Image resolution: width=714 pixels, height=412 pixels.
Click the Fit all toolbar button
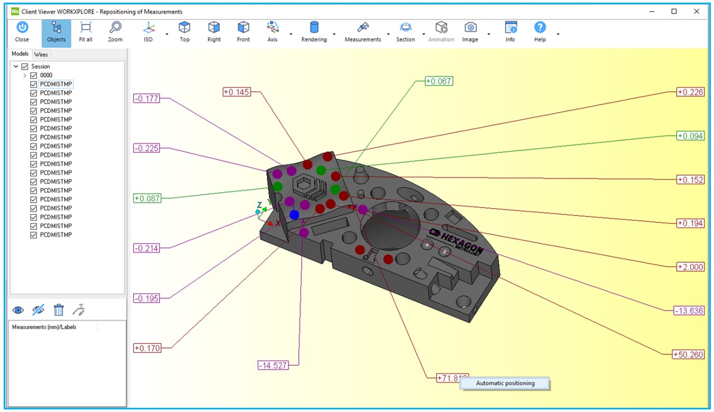85,32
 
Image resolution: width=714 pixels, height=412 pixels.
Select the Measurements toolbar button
363,32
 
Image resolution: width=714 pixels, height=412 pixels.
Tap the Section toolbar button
405,32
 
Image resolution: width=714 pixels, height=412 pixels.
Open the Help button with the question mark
540,32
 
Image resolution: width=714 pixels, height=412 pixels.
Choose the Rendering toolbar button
314,32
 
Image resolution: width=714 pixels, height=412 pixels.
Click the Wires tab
41,55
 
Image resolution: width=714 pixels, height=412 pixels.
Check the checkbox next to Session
24,66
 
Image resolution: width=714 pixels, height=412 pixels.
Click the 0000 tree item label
46,75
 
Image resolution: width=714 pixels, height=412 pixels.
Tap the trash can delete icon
59,310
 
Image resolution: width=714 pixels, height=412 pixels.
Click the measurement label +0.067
439,81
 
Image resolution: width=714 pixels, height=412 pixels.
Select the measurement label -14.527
273,365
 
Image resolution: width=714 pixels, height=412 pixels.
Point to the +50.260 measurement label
688,355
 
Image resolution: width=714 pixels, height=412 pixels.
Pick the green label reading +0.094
691,136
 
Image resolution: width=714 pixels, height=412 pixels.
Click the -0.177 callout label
146,98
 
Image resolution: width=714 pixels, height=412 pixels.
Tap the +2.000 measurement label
691,267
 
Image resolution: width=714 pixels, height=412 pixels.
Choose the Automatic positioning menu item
505,383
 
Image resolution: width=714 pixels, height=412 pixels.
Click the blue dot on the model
294,215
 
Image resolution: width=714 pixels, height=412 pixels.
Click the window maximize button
674,12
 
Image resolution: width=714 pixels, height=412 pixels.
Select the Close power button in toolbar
22,32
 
